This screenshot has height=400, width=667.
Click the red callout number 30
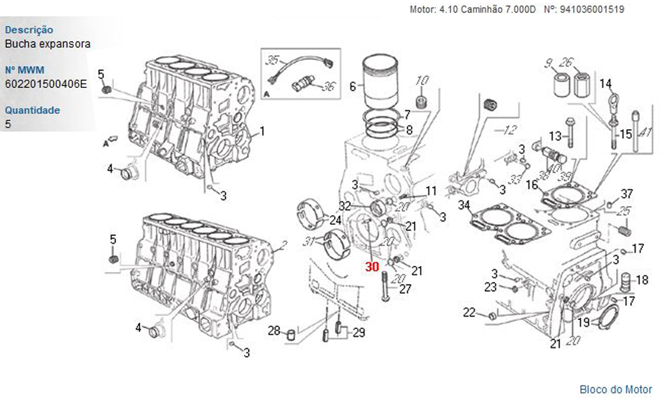[372, 266]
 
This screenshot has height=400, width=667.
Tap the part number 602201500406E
[46, 84]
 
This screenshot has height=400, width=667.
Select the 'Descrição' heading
[29, 30]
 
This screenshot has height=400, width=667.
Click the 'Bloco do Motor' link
[616, 389]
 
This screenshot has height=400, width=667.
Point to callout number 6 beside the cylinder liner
[352, 85]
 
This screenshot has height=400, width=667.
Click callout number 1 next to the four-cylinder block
[262, 131]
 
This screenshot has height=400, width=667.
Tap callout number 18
[642, 280]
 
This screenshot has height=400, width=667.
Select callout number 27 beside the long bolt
[405, 289]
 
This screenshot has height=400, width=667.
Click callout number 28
[274, 331]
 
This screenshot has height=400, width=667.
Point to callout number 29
[359, 332]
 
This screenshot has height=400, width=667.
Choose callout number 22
[470, 313]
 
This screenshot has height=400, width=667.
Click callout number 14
[605, 84]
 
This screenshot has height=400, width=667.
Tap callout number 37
[626, 194]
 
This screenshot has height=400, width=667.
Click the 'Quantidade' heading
[33, 110]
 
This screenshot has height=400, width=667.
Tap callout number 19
[583, 323]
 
